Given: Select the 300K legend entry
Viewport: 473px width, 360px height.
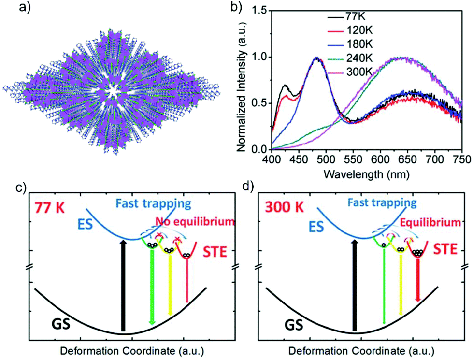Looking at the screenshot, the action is pos(350,72).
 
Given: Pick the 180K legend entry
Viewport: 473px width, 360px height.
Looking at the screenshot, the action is pos(350,44).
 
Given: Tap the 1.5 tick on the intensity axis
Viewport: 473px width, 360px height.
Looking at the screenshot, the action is pos(260,11).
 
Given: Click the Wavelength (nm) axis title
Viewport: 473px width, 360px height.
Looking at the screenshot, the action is pos(366,174).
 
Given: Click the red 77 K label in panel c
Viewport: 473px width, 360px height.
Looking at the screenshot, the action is pos(49,208).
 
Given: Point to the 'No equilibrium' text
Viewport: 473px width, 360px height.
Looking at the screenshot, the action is pos(195,221).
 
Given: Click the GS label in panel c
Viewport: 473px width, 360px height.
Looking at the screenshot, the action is pos(61,325).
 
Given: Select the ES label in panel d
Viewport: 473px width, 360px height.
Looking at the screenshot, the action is pos(316,226).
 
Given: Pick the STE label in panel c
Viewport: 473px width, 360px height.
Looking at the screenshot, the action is pos(215,252).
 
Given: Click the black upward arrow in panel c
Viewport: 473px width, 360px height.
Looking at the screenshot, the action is pos(122,286).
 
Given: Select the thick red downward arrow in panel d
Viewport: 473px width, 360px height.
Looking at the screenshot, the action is pos(418,279).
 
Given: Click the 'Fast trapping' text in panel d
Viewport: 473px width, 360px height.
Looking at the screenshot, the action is pos(382,202).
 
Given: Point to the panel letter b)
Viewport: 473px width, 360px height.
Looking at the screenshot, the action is pos(236,7).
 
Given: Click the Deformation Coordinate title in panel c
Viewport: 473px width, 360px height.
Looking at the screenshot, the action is pos(132,351).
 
